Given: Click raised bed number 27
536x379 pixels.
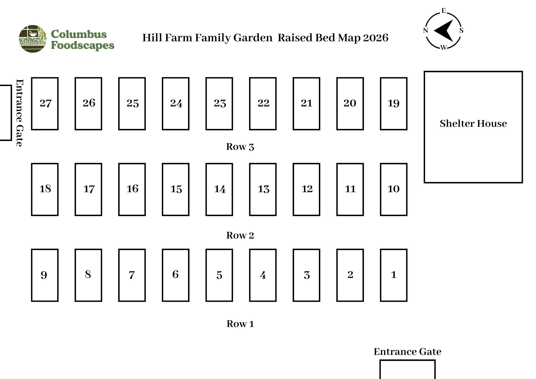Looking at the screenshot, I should pos(45,104).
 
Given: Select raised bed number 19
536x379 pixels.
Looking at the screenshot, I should pos(393,104).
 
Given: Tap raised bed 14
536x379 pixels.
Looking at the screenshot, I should pos(219,189).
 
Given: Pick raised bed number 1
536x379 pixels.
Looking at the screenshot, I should pos(393,275).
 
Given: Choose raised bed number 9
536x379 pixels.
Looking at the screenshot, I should pos(45,275).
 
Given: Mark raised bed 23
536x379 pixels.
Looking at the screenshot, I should pos(219,104).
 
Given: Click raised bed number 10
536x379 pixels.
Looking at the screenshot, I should pos(393,189).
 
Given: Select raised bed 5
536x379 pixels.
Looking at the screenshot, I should pos(219,275).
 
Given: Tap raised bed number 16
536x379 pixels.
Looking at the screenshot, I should pos(132,189).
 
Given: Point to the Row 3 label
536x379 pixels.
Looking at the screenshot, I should pos(240,147).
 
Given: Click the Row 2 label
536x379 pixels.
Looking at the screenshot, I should pos(240,235).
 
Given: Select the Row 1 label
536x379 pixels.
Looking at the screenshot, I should pos(240,324).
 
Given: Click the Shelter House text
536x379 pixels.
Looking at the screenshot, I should pos(473,124).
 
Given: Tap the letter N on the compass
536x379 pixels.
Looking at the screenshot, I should pos(425,31).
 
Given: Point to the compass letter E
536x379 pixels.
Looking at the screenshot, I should pos(444,11).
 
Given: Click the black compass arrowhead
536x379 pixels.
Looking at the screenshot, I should pos(445,30).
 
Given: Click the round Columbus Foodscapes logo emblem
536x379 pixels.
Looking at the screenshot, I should pos(32,39).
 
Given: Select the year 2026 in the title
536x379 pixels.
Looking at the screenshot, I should pos(376,38).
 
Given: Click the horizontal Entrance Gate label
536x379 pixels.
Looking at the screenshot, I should pos(407,352).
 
